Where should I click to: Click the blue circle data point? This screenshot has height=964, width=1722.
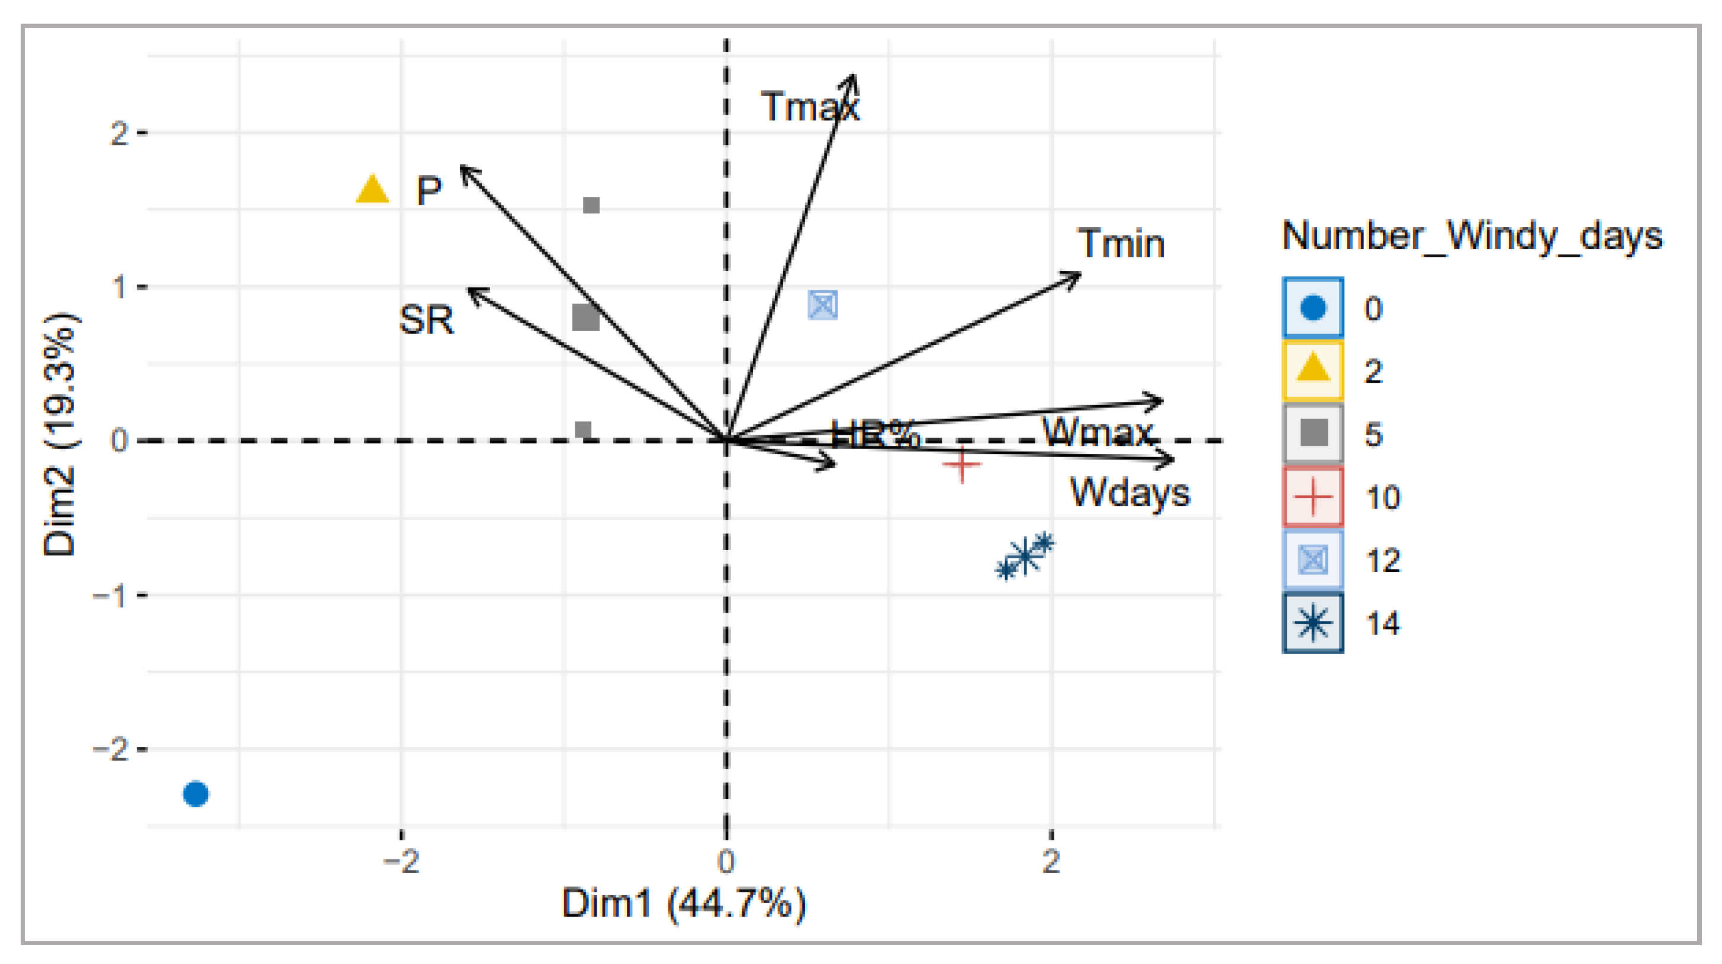pyautogui.click(x=196, y=794)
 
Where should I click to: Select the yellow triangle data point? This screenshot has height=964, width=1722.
pyautogui.click(x=372, y=190)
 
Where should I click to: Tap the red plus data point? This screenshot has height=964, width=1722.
pyautogui.click(x=961, y=464)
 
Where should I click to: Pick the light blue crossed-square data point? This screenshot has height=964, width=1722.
pyautogui.click(x=822, y=305)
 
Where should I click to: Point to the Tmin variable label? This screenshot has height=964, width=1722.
pyautogui.click(x=1121, y=243)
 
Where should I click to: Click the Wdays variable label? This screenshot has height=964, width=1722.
pyautogui.click(x=1129, y=493)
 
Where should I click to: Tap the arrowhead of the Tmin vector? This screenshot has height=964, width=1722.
pyautogui.click(x=1076, y=274)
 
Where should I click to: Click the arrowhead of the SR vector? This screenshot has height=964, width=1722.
pyautogui.click(x=472, y=292)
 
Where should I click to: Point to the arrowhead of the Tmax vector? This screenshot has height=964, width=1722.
pyautogui.click(x=852, y=79)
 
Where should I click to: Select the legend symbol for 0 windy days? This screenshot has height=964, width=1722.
pyautogui.click(x=1312, y=308)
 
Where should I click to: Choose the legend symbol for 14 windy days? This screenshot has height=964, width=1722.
pyautogui.click(x=1312, y=623)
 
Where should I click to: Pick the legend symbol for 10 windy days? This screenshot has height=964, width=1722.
pyautogui.click(x=1312, y=497)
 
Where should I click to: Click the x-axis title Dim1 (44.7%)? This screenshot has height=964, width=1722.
pyautogui.click(x=684, y=904)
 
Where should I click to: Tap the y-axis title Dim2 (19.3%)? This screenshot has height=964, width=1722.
pyautogui.click(x=60, y=434)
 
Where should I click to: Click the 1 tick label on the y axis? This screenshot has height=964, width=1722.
pyautogui.click(x=119, y=287)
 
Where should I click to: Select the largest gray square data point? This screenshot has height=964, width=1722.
pyautogui.click(x=585, y=318)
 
